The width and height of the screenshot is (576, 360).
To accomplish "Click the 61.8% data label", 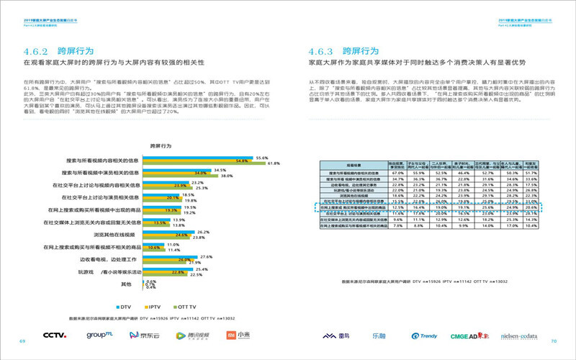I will (274, 164).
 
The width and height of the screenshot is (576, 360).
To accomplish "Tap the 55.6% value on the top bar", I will (262, 158).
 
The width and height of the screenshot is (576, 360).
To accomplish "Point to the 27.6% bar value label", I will (204, 257).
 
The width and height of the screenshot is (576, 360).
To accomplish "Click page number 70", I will (554, 340).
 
